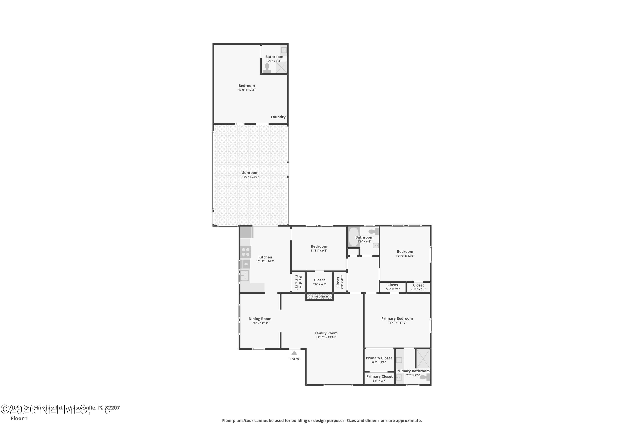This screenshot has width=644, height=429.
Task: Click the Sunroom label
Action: coord(250,173)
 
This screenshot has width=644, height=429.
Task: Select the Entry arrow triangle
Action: coord(294,353)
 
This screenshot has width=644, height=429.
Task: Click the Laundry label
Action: coord(278,117)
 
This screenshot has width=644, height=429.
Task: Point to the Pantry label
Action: coord(300,282)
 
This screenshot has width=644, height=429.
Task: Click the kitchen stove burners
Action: coord(246,252)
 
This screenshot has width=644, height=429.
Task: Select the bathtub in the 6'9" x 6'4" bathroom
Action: coord(353,237)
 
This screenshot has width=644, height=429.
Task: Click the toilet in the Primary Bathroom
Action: coord(425,377)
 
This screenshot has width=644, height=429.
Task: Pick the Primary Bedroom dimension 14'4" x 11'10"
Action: coord(397,323)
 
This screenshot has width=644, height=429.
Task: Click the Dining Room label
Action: coord(260,319)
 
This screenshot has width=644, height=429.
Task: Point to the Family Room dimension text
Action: coord(326,337)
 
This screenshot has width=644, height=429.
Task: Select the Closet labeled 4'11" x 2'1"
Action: coord(418,287)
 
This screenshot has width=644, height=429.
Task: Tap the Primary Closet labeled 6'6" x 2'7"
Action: coord(379,378)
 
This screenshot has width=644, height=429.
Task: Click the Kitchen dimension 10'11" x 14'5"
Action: coord(265,261)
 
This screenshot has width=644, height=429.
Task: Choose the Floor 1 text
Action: coord(19,418)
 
